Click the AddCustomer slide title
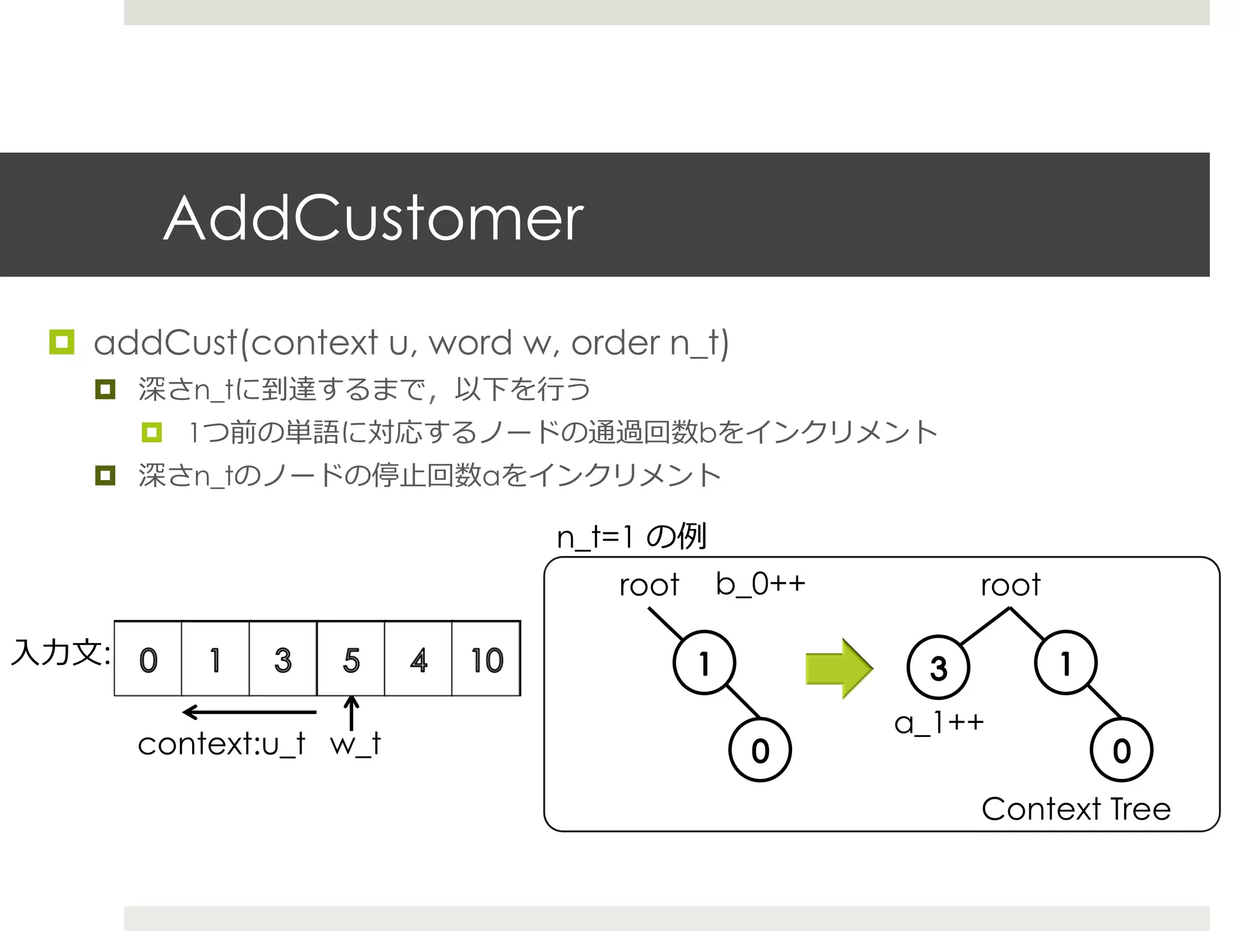point(373,218)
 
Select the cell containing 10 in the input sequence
point(486,659)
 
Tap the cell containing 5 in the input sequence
point(351,659)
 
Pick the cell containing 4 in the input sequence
point(418,659)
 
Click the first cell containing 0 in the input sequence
point(148,659)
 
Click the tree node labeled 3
point(938,667)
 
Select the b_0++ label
point(760,584)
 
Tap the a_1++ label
point(939,722)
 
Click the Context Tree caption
point(1076,809)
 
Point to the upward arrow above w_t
point(351,713)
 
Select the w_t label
point(356,744)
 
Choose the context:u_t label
point(222,744)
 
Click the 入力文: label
point(61,653)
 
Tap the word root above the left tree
point(649,586)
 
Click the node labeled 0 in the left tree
point(760,750)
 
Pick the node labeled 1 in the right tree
point(1066,662)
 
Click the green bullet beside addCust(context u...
point(62,342)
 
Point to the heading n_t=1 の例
point(631,536)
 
